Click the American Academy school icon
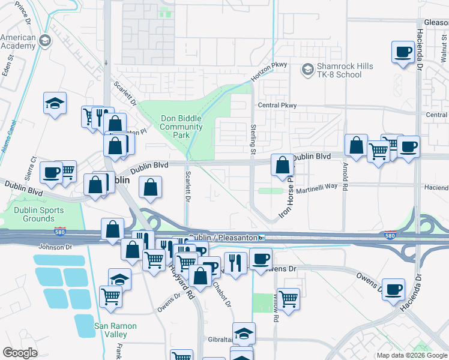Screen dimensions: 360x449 tap(44, 41)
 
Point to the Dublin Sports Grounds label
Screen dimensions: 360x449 tap(35, 214)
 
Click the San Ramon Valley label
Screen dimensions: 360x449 tap(115, 330)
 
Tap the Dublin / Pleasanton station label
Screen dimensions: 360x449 tap(223, 237)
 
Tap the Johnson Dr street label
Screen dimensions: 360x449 tap(55, 246)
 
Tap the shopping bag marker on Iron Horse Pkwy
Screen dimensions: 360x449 tap(282, 164)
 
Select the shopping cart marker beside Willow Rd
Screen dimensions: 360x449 tap(289, 298)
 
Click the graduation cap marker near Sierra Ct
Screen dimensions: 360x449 tap(55, 103)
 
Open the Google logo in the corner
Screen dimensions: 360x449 tap(20, 352)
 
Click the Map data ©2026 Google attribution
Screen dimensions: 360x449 tap(412, 355)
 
